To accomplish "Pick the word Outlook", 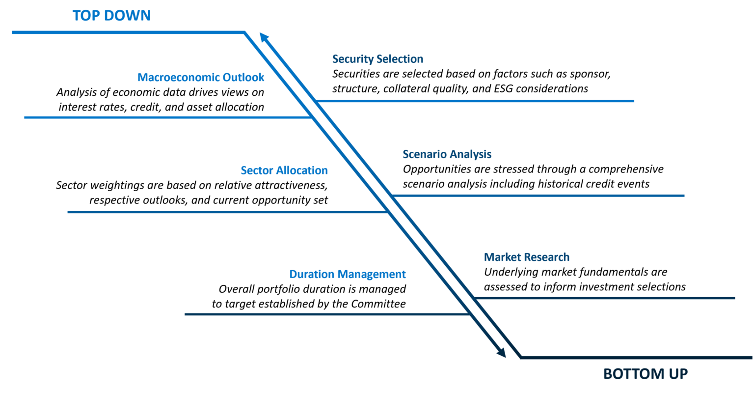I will tap(244, 78).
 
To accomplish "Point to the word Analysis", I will tap(470, 154).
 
